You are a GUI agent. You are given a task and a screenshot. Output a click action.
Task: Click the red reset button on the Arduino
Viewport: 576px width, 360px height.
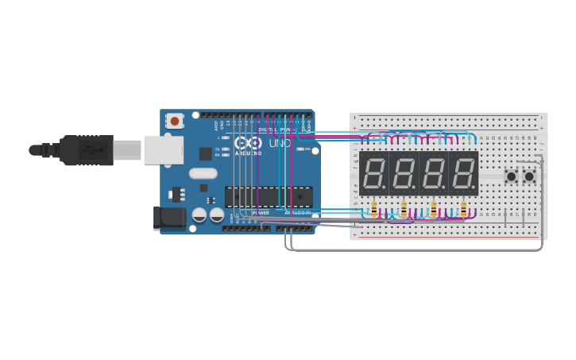tap(174, 121)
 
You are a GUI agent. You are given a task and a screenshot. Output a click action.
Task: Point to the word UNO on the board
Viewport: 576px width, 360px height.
tap(280, 144)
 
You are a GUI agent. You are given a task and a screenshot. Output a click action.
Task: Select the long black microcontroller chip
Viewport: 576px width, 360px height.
tap(269, 195)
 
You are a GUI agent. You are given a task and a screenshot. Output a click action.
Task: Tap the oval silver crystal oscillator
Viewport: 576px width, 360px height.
tap(203, 173)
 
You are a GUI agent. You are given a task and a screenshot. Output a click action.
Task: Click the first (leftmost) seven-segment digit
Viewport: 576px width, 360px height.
tap(373, 173)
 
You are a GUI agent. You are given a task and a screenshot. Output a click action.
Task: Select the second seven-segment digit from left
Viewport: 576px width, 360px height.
tap(404, 173)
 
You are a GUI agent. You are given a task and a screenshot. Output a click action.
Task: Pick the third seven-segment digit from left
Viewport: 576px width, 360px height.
tap(434, 173)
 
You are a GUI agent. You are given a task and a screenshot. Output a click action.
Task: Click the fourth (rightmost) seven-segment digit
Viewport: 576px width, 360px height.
tap(463, 173)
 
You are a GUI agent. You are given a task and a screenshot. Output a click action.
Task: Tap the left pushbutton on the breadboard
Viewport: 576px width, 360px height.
tap(512, 176)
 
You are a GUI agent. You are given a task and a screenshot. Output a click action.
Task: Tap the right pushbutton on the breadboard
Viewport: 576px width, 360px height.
tap(529, 176)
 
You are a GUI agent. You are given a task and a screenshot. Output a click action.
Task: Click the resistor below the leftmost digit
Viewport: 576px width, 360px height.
tap(374, 210)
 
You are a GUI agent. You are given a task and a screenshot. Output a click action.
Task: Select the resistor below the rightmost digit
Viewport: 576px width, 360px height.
tap(463, 210)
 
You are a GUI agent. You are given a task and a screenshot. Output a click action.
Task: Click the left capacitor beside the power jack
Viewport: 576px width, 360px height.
tap(199, 215)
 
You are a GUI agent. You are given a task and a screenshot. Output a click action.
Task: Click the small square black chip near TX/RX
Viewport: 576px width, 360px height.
tap(205, 153)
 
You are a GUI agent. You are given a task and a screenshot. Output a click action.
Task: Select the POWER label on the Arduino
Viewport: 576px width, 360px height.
tap(261, 213)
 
